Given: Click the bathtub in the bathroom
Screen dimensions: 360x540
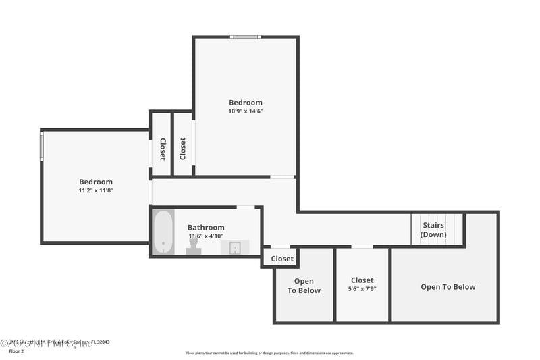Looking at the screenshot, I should click(163, 232).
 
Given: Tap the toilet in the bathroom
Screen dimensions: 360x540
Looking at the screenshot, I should click(193, 246).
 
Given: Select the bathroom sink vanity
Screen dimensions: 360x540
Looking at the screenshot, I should click(235, 247).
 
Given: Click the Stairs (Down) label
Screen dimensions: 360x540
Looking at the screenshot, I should click(433, 230).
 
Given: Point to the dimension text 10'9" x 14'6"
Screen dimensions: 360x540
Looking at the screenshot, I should click(245, 111).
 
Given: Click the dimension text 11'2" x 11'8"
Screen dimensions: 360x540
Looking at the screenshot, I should click(95, 190).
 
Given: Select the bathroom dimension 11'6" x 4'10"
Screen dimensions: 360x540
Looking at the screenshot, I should click(206, 236).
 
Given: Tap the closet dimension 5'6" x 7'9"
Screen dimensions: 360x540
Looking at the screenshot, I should click(362, 288).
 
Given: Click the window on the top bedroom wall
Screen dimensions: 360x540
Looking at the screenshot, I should click(245, 37).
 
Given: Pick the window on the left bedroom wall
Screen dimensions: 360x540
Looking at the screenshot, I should click(42, 146).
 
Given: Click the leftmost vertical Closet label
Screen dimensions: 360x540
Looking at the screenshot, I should click(162, 149).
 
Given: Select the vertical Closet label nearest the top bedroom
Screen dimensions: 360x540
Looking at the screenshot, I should click(182, 149).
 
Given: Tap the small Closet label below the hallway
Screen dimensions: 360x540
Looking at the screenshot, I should click(282, 259).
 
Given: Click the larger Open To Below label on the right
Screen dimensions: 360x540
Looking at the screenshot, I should click(448, 287).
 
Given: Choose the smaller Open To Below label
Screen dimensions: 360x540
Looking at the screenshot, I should click(303, 286).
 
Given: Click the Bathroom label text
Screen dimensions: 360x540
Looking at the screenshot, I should click(206, 228).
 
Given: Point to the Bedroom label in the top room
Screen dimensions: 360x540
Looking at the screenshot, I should click(245, 103).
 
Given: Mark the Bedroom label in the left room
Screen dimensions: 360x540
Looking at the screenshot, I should click(95, 182).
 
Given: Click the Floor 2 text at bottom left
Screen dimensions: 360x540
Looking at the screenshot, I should click(16, 351).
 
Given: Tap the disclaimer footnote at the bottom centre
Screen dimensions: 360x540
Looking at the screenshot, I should click(269, 353).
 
